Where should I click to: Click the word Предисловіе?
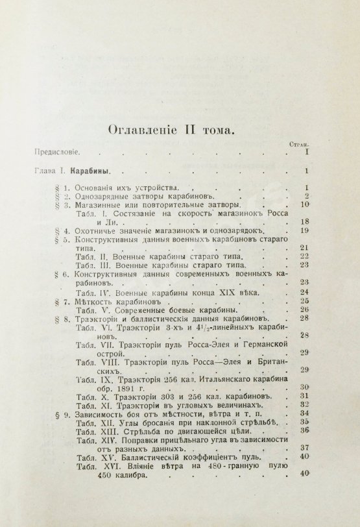point(54,153)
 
